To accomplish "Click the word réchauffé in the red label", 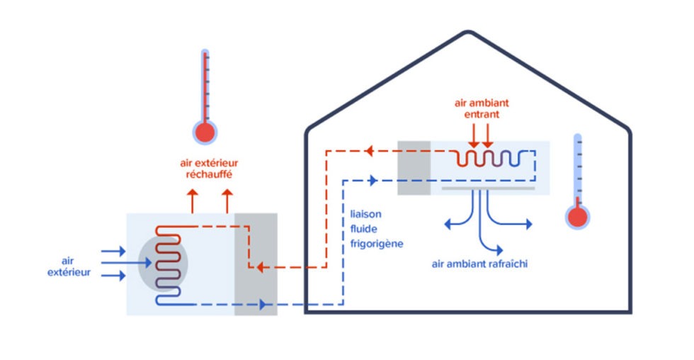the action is [x=209, y=174].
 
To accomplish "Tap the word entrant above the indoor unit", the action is [x=482, y=114].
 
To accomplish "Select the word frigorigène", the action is [x=377, y=244].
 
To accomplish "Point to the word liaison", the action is [x=365, y=214].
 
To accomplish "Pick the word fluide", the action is [x=364, y=229].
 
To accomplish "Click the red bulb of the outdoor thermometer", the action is [x=205, y=133].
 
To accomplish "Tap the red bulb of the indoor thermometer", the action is [x=577, y=217].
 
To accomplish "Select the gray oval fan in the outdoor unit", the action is [x=163, y=264].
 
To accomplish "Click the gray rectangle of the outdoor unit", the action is [x=256, y=264].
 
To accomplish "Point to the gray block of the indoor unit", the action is [x=414, y=168].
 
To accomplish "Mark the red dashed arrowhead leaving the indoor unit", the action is [x=369, y=151].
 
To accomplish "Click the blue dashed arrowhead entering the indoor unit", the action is [x=372, y=180].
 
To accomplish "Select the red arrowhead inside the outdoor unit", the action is [x=261, y=267].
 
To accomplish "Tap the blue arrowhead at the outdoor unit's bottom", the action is [x=263, y=304].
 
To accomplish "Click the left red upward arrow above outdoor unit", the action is [x=193, y=201].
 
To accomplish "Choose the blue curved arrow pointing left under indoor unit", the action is [x=462, y=217].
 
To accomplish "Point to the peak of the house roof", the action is [x=468, y=31].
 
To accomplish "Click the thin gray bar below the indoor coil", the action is [x=488, y=189].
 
